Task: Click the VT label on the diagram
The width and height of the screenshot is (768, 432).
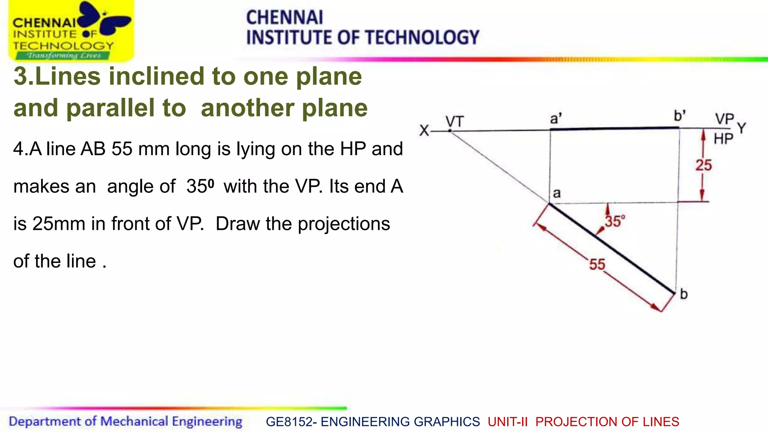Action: pos(454,122)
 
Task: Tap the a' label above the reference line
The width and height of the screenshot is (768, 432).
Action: pos(556,119)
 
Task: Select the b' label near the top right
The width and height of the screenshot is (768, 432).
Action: pos(679,115)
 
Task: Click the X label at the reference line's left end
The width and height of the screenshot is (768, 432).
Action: pos(424,131)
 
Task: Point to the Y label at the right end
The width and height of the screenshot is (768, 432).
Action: pos(741,128)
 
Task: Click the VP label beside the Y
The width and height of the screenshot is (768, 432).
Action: pos(724,119)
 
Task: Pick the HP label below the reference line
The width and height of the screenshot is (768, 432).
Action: pos(723,139)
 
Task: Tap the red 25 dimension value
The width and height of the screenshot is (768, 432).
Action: pos(703,165)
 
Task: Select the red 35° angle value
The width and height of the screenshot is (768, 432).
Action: pos(615,221)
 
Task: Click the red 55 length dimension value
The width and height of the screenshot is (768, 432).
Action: pos(597,264)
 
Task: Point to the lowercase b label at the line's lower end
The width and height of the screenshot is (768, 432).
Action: pos(684,294)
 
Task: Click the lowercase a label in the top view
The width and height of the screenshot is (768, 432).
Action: pos(557,193)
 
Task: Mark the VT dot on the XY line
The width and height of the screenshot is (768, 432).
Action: pos(450,131)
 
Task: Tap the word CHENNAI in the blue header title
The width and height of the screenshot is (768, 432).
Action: pos(284,18)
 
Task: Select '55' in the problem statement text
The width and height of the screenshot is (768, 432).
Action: pos(122,148)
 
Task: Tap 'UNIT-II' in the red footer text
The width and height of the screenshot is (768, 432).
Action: pos(507,422)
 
